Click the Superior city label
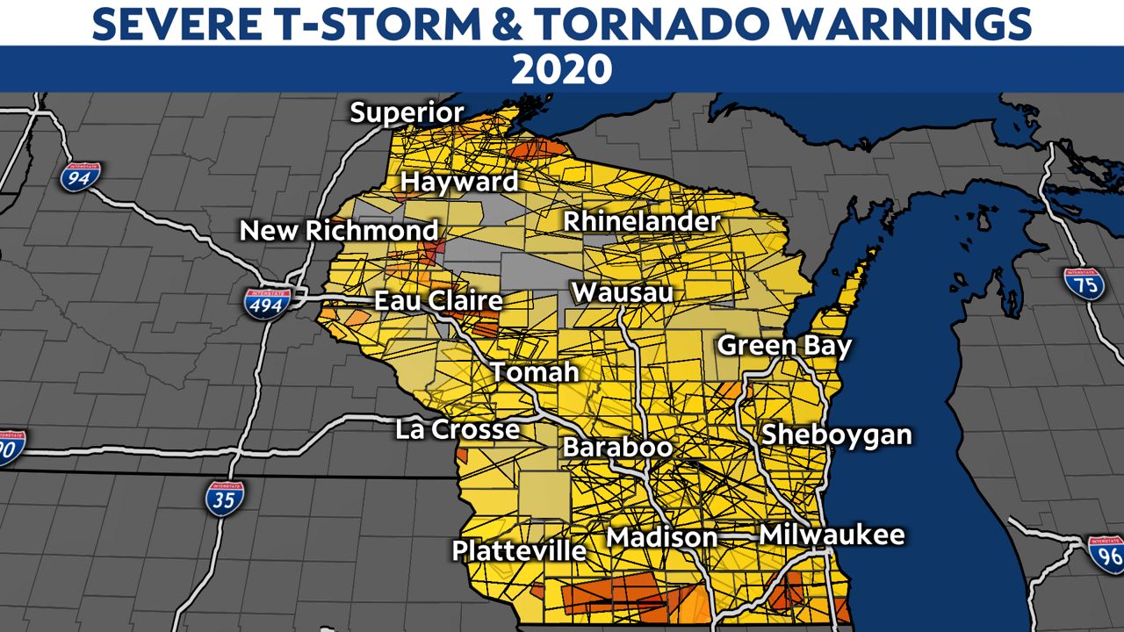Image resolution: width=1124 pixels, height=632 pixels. [x=407, y=113]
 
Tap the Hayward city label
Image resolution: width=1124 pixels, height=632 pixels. [x=459, y=183]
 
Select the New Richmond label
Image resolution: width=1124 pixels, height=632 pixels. [x=339, y=231]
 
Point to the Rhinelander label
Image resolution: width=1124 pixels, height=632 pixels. [x=641, y=222]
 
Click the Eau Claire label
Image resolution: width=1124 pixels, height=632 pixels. [x=438, y=301]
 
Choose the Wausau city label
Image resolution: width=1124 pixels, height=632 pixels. [x=622, y=292]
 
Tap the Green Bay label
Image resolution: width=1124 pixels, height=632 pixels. [x=784, y=346]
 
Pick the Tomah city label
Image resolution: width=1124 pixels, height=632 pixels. [x=535, y=372]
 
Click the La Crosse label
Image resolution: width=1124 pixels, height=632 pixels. [x=457, y=430]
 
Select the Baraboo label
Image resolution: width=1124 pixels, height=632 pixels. [x=617, y=447]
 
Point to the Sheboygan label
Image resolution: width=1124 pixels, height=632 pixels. [x=836, y=434]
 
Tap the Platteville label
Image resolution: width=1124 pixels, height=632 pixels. [x=519, y=550]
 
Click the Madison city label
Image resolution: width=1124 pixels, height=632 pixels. [x=662, y=537]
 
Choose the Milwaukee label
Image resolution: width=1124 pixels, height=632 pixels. [x=832, y=535]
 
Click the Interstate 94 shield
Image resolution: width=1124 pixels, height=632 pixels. [x=80, y=177]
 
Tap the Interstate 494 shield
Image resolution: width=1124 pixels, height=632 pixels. [x=268, y=304]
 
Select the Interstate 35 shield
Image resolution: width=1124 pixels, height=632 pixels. [x=225, y=498]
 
